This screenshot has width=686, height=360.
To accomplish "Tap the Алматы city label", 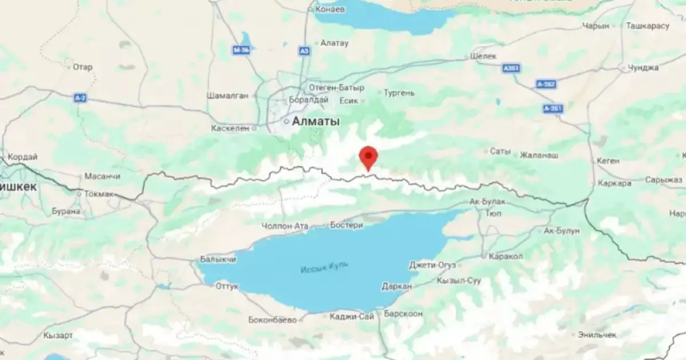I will tap(316, 121).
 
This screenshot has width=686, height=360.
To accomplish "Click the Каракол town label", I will tap(505, 257).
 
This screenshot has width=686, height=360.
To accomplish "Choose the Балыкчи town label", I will tap(218, 259).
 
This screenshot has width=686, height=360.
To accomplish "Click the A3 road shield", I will tap(304, 51).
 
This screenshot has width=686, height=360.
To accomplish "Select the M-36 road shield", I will tap(241, 50).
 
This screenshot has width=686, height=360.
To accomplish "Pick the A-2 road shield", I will tap(80, 98).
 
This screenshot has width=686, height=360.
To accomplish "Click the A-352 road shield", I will tap(547, 84).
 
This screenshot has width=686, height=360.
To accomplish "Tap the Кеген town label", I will tap(607, 161).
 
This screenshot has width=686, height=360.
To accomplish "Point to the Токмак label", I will tap(99, 194).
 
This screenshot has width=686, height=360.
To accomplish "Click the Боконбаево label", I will tap(273, 320).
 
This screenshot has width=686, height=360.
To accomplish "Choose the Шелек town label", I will tap(482, 56).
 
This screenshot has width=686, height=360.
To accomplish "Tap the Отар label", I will tap(82, 67).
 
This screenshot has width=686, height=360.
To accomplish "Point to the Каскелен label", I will tap(230, 128).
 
